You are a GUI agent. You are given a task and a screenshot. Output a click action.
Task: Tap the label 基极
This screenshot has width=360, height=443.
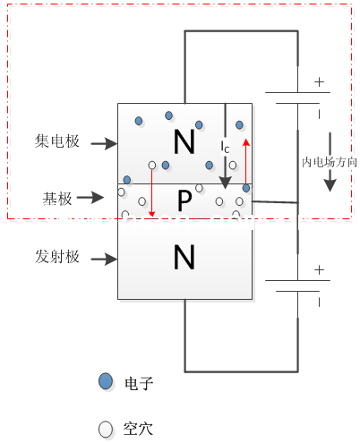point(57,196)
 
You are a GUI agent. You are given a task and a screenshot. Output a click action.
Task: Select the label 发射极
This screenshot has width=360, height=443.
point(58,258)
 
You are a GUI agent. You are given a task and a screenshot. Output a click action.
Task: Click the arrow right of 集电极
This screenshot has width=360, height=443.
point(104,142)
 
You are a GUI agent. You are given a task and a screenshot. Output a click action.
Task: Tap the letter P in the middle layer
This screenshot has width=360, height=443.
point(184,202)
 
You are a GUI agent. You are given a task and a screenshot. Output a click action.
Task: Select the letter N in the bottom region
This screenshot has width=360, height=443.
point(184,259)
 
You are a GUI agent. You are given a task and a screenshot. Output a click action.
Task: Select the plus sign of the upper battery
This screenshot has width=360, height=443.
point(317,81)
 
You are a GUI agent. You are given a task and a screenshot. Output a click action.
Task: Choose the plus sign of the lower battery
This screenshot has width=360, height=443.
point(317,268)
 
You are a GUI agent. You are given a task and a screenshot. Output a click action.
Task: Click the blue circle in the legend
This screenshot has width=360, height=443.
point(106,382)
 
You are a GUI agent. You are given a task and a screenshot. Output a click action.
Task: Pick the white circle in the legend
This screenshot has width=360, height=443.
point(106,429)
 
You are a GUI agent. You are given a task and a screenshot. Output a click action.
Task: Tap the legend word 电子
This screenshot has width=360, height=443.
point(141,383)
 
